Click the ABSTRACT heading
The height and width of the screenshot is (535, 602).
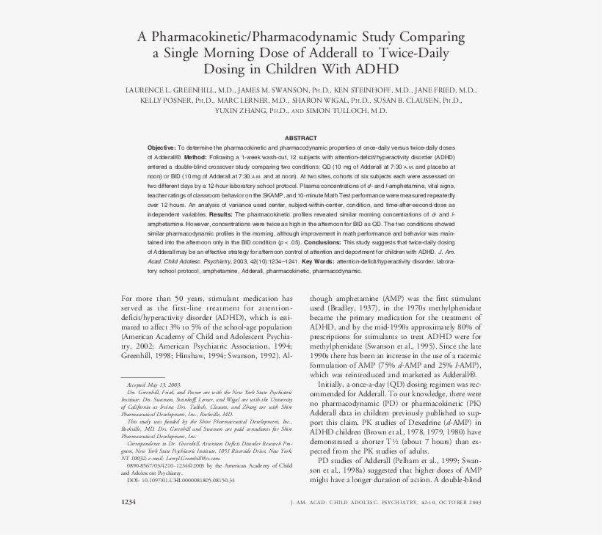[x=300, y=138]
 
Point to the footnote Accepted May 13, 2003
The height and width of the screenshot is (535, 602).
[x=153, y=385]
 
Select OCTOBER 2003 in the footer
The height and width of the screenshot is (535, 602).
[x=456, y=503]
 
